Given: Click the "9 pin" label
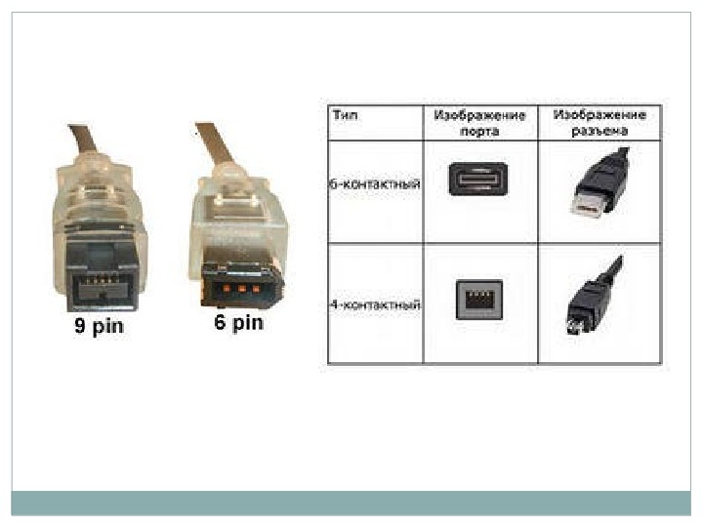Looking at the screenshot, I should [100, 326].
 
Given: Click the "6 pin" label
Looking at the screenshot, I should [239, 322].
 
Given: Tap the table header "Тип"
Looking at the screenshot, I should [343, 115].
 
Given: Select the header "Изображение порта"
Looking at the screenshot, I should [479, 122].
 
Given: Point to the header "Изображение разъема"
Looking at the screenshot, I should [600, 122].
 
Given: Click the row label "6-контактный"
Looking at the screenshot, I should [375, 182].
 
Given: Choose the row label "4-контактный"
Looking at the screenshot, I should [375, 305].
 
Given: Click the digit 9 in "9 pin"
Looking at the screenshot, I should [81, 326].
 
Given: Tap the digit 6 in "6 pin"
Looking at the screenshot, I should [221, 322].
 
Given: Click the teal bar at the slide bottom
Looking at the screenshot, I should [351, 503].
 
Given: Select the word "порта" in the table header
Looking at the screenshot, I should [479, 129].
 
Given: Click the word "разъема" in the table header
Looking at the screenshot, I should [600, 129].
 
